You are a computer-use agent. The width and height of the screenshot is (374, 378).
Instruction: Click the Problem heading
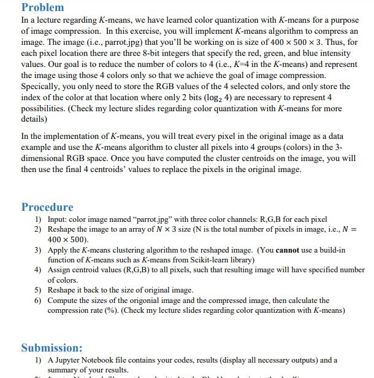click(x=42, y=7)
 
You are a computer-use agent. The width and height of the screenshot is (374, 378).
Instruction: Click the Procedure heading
click(x=47, y=207)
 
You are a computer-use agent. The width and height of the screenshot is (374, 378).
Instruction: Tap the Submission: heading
click(x=52, y=348)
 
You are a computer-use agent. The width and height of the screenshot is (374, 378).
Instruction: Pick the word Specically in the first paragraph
click(x=42, y=87)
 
